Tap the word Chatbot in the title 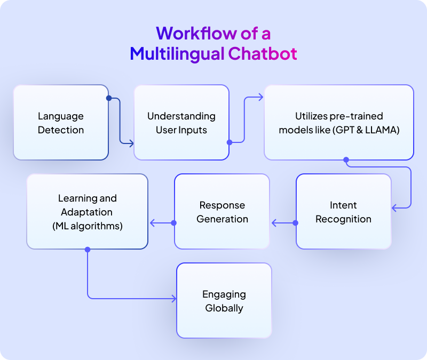click(x=262, y=53)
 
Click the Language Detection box click(x=61, y=123)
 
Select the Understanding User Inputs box click(x=181, y=123)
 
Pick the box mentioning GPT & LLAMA click(x=339, y=123)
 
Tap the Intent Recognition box click(x=343, y=212)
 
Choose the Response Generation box click(x=222, y=212)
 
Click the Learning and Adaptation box click(x=87, y=212)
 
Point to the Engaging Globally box click(x=224, y=301)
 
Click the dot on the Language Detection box click(x=109, y=98)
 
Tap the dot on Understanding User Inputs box click(x=230, y=142)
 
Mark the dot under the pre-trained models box click(x=346, y=159)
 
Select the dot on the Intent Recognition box click(x=296, y=222)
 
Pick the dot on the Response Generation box click(x=173, y=222)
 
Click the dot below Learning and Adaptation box click(x=88, y=249)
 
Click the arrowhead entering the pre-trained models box click(x=260, y=97)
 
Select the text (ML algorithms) click(x=88, y=226)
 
